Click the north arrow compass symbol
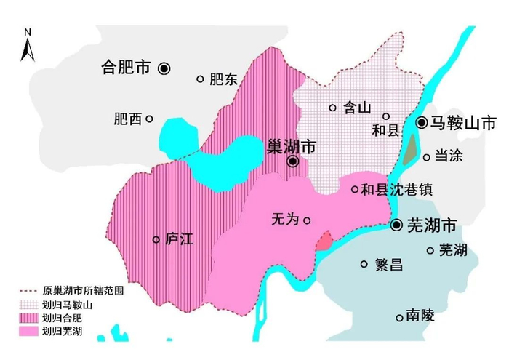[x=27, y=45]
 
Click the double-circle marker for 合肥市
[x=165, y=68]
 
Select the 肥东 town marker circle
[x=200, y=79]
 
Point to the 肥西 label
[x=127, y=119]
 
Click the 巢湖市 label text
[x=292, y=146]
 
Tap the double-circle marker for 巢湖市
[x=292, y=161]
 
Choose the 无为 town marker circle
[x=307, y=220]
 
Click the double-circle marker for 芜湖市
[x=396, y=225]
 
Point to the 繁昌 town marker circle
[x=364, y=265]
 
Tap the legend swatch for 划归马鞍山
[x=28, y=305]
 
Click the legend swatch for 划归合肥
[x=28, y=319]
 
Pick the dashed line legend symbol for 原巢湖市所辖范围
[x=28, y=291]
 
